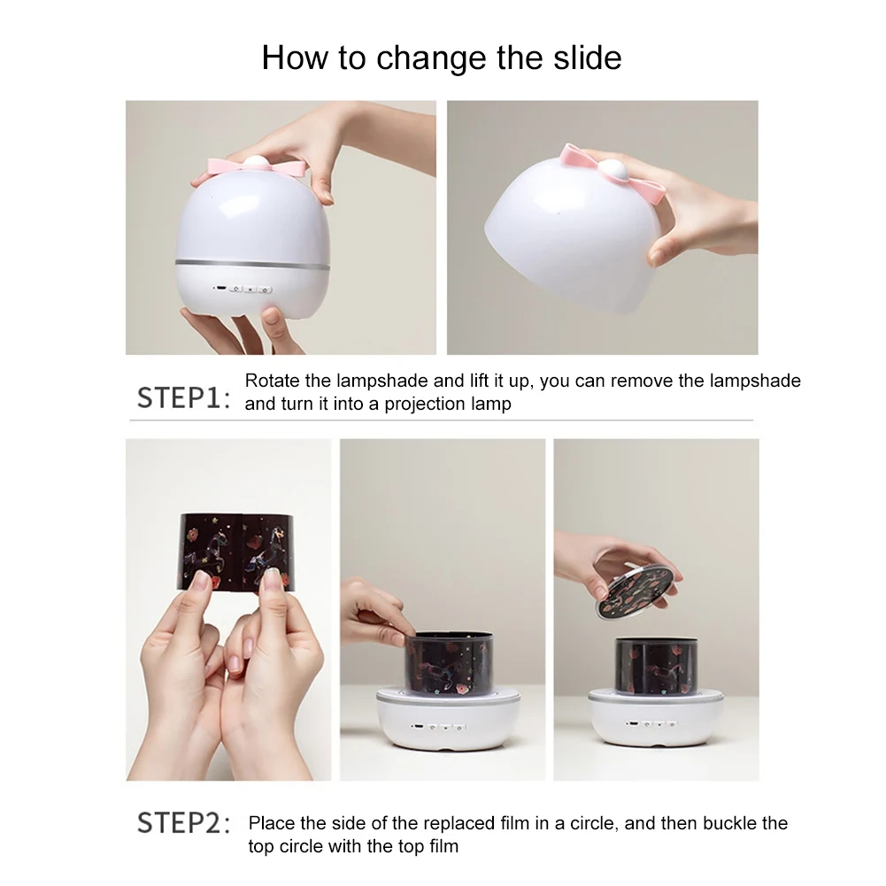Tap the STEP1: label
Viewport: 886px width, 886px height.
click(184, 397)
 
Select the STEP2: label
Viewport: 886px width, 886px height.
click(184, 822)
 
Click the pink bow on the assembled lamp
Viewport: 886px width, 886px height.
click(257, 166)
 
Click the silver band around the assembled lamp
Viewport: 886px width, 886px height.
click(252, 265)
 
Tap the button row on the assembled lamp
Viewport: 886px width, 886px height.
click(243, 289)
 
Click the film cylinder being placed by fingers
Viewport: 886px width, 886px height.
click(449, 663)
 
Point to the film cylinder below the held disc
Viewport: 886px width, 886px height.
click(656, 666)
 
